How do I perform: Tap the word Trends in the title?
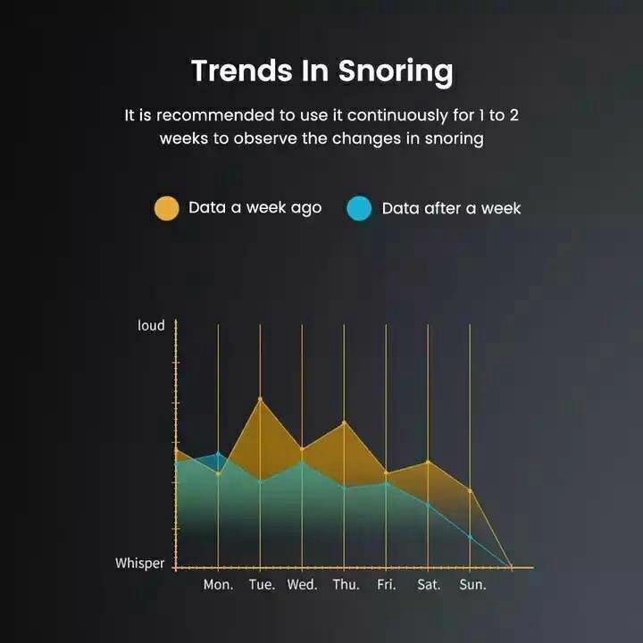(242, 71)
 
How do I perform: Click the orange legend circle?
(166, 208)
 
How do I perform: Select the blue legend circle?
(359, 208)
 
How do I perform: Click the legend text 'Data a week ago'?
(255, 208)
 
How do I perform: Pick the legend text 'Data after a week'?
(451, 208)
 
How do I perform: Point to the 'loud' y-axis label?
(151, 325)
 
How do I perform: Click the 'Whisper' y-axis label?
(139, 563)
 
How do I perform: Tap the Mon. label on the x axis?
(218, 584)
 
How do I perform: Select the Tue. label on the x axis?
(262, 584)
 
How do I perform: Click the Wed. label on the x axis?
(302, 584)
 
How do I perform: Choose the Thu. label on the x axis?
(347, 584)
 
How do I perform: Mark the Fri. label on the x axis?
(387, 584)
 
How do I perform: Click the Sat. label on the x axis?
(429, 584)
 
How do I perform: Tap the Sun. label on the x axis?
(472, 584)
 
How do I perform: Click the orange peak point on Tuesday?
(260, 398)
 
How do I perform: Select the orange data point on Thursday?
(344, 422)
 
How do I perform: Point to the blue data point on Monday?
(218, 454)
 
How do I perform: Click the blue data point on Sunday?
(470, 537)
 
